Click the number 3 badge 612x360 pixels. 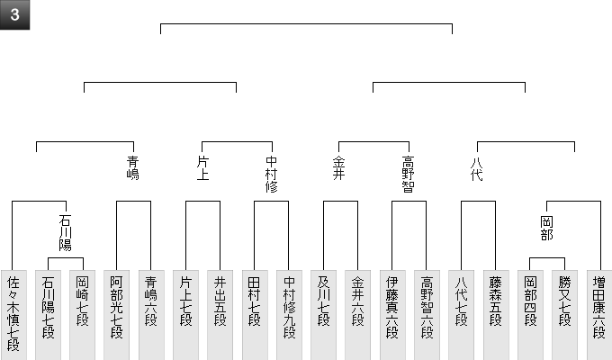tap(14, 14)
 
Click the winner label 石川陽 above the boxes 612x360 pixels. tap(65, 231)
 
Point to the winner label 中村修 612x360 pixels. tap(272, 175)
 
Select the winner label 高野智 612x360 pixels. tap(409, 175)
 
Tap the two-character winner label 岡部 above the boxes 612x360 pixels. tap(547, 227)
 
